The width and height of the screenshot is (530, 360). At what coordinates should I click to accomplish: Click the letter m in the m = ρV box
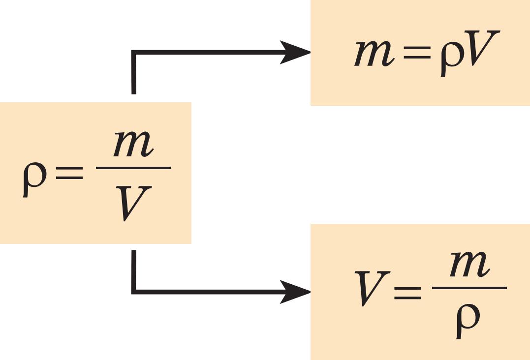(374, 54)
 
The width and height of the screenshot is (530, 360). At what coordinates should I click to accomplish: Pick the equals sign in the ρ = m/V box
(69, 174)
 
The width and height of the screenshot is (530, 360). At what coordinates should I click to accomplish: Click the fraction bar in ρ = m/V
(133, 168)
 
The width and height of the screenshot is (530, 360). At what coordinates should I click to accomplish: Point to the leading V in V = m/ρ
(372, 288)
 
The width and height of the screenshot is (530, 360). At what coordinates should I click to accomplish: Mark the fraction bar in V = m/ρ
(469, 288)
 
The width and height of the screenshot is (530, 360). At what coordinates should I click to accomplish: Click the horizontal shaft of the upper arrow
(207, 53)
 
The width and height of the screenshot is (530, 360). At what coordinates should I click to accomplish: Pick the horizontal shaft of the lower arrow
(207, 292)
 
